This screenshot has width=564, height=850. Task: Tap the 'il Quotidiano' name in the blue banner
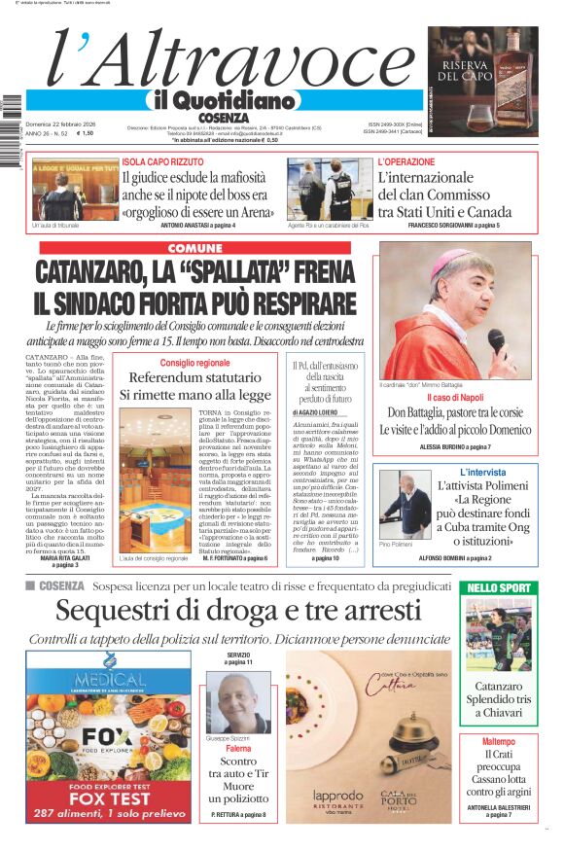tap(221, 100)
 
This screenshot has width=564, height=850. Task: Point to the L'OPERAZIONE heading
tap(406, 162)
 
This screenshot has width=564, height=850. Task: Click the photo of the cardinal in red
tap(454, 310)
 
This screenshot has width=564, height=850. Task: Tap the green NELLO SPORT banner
tap(499, 587)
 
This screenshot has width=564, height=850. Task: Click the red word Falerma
tap(238, 749)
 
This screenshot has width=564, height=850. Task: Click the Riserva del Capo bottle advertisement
tap(482, 82)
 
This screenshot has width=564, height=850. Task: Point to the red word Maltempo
tap(499, 742)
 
